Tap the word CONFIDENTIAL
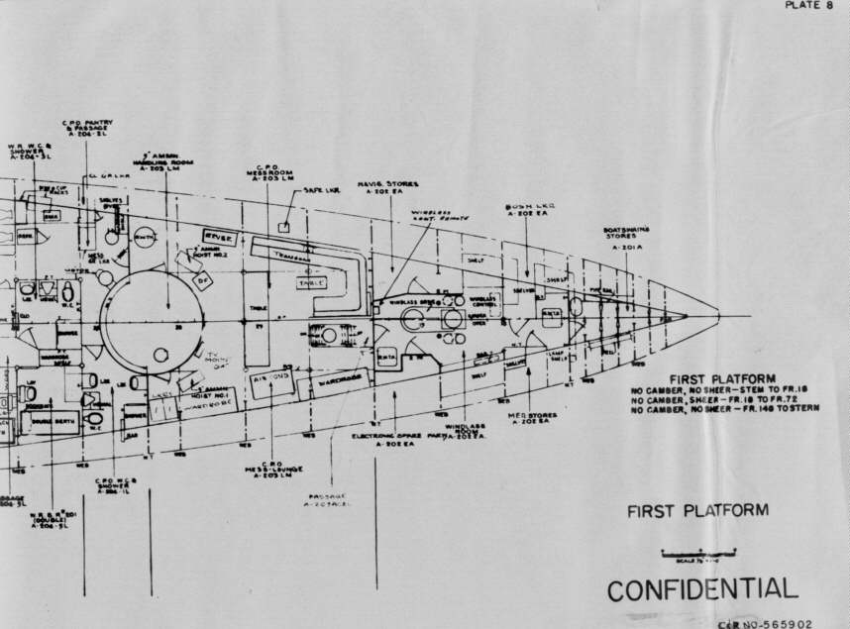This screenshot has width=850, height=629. click(x=701, y=588)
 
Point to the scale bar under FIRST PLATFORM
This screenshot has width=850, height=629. click(x=699, y=551)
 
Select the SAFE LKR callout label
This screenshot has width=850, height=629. click(x=322, y=191)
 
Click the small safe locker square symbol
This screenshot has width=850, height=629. click(x=283, y=227)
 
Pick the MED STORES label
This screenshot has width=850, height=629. click(x=531, y=417)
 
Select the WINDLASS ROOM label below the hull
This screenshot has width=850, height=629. click(x=465, y=432)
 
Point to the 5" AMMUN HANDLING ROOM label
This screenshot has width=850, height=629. click(x=157, y=160)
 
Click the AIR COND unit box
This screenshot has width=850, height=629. click(x=271, y=381)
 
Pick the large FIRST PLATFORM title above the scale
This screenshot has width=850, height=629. click(x=697, y=511)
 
